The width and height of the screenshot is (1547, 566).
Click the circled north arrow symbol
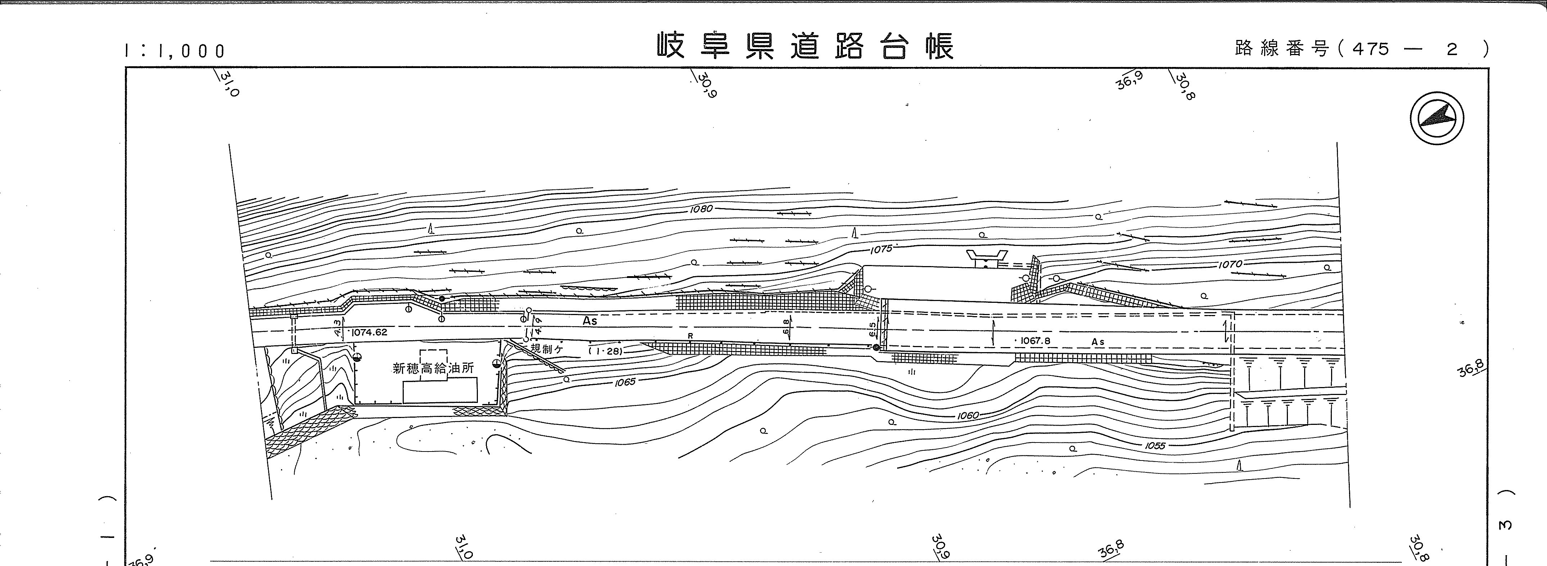coord(1437,118)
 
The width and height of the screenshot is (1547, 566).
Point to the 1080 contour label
coord(701,209)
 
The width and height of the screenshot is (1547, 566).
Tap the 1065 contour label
coord(625,382)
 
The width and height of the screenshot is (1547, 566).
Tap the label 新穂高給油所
coord(433,368)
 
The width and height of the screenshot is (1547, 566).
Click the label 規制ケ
coord(547,349)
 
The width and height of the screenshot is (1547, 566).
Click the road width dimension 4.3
coord(338,327)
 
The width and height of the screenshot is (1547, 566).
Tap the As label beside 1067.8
coord(1098,342)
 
